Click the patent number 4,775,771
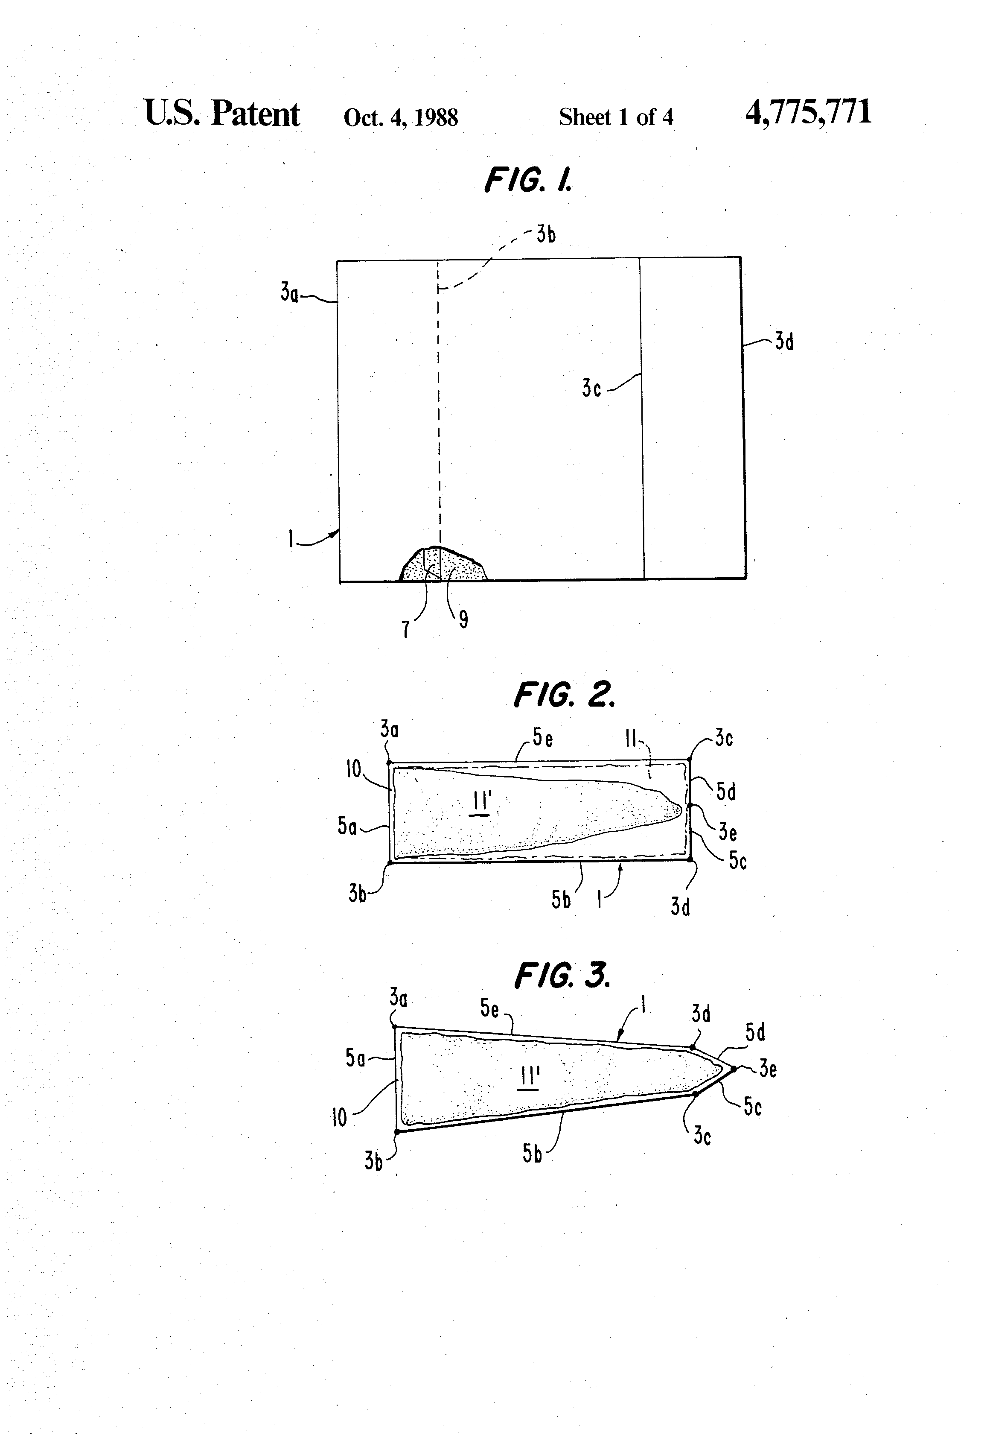(808, 113)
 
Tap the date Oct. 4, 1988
(401, 117)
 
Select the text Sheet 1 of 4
(616, 117)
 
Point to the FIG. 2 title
(564, 695)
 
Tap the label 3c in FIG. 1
(591, 388)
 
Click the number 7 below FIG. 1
(405, 628)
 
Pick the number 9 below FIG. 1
(463, 620)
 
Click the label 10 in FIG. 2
(354, 769)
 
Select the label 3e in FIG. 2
(727, 832)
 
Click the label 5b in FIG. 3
(533, 1153)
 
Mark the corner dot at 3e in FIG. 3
(734, 1069)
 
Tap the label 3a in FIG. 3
(398, 997)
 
